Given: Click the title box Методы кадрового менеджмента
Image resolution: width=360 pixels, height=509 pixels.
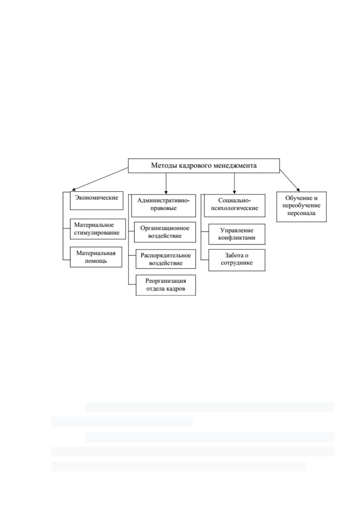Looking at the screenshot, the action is (x=204, y=166).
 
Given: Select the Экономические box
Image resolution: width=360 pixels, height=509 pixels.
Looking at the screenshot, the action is (x=97, y=200).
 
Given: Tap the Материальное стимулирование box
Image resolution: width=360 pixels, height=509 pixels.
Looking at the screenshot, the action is (x=98, y=229).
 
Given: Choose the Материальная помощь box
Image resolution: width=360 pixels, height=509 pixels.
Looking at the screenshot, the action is (x=96, y=257).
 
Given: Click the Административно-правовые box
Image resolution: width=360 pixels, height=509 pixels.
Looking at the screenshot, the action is (x=164, y=206).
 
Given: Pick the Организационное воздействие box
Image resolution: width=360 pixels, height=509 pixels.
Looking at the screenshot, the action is (x=165, y=232).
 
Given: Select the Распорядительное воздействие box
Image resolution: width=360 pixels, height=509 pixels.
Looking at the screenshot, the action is (x=166, y=259).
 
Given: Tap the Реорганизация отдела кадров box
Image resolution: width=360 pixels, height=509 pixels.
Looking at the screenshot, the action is (x=166, y=285).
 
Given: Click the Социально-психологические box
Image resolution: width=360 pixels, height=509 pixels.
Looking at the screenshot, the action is (x=235, y=206).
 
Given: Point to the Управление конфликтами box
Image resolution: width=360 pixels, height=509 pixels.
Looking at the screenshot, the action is (x=237, y=234).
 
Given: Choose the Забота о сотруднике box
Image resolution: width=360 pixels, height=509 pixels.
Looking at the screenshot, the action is (x=237, y=260).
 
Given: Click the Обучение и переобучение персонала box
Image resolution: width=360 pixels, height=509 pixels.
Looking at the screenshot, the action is (x=301, y=206).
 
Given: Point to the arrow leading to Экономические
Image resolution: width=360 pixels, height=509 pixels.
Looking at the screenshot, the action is (x=100, y=179).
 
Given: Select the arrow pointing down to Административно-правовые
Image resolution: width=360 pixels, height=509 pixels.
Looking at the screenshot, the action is (x=166, y=183).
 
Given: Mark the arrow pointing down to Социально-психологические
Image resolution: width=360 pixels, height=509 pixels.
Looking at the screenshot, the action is (x=234, y=183).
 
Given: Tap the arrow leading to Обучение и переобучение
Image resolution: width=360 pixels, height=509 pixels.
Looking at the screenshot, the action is (x=290, y=180).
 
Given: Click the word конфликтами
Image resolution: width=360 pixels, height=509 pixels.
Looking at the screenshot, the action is (x=237, y=238).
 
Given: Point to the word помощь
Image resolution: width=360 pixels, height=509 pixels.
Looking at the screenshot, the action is (x=96, y=261).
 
